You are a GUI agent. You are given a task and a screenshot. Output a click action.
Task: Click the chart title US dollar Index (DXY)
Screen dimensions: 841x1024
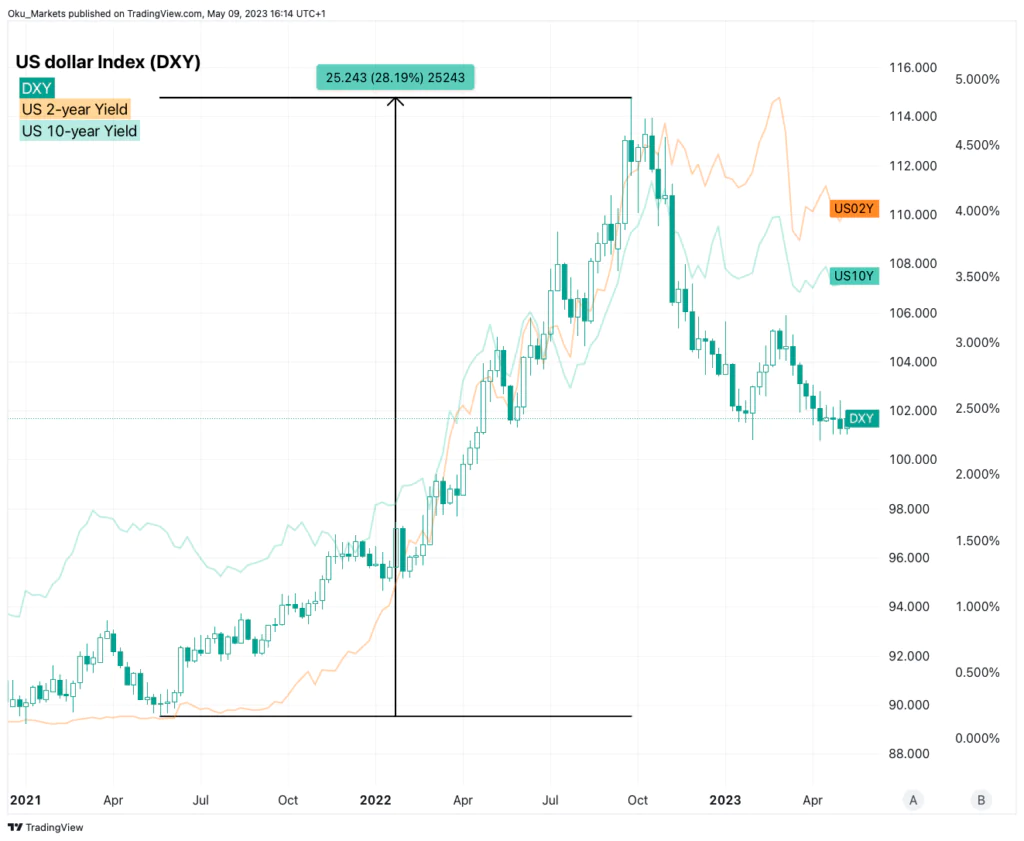(x=108, y=62)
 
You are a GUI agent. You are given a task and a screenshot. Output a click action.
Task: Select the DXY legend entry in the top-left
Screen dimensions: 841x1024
(x=38, y=88)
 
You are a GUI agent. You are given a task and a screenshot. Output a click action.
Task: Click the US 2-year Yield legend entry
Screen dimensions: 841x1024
(x=75, y=109)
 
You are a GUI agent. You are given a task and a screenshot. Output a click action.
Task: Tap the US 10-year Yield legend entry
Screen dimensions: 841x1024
(x=80, y=130)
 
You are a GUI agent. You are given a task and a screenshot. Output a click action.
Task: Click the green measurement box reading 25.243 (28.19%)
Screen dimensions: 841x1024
(x=396, y=77)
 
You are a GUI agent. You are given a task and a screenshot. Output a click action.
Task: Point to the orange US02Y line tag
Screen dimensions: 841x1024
(x=854, y=209)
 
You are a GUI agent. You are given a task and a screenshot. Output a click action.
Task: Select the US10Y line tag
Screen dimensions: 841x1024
(x=855, y=275)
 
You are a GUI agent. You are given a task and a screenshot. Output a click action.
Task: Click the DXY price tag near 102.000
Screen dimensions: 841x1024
(x=862, y=419)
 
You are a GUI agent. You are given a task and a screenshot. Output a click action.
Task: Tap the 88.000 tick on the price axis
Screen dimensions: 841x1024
(x=912, y=754)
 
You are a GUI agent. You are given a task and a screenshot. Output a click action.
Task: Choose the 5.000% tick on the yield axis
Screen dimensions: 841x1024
(x=975, y=79)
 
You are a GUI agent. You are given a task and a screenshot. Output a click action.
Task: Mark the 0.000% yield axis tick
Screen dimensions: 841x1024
(x=975, y=738)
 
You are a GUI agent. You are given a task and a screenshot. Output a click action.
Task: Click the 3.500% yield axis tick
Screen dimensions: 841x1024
(x=975, y=277)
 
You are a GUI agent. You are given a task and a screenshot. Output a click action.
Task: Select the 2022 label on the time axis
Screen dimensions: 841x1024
(x=375, y=800)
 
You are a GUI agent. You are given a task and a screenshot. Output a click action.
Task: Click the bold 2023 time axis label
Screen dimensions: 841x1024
(x=724, y=800)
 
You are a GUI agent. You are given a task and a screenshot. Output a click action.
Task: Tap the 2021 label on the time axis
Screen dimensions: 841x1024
(x=25, y=800)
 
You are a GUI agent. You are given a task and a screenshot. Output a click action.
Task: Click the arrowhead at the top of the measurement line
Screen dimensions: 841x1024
(x=396, y=101)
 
